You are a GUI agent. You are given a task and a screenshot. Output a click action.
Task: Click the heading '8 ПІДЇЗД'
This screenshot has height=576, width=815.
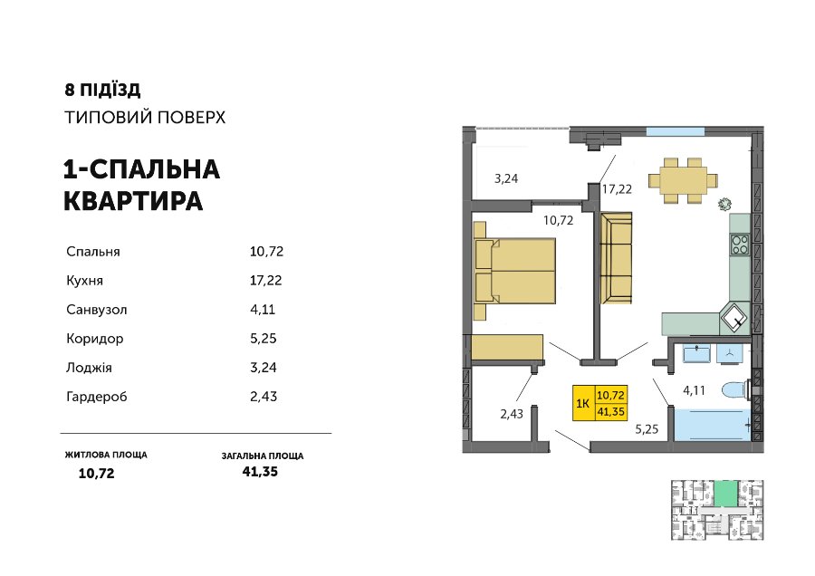point(102,90)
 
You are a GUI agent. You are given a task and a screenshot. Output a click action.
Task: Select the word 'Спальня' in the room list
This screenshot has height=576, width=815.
point(93,252)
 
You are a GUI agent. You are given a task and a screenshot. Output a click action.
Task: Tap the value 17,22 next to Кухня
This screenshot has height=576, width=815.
point(265,281)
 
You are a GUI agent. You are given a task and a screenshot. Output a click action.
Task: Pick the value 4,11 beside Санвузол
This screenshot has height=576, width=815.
point(263,310)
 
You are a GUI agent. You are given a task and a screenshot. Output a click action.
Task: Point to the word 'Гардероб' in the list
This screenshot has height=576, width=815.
point(97,397)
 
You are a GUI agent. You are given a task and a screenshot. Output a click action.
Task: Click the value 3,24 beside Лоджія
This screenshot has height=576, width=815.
point(263,368)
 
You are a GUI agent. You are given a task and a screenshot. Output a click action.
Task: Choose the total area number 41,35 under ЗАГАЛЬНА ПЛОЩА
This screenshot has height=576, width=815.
point(260,472)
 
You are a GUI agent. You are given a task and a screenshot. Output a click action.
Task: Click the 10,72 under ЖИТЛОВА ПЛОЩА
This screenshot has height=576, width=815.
point(96,473)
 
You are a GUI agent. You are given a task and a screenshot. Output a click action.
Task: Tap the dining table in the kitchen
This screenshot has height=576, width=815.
point(683,180)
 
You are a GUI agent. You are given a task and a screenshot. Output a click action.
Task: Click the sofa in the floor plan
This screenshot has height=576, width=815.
point(617,258)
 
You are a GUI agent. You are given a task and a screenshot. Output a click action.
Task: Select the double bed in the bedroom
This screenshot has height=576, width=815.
point(514,270)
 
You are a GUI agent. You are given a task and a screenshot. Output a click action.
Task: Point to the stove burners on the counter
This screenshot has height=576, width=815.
point(740,245)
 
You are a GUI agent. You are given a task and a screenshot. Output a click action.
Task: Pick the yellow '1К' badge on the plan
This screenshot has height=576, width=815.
point(599,403)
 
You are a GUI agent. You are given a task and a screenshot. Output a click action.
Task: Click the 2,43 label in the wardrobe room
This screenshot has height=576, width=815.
point(512,414)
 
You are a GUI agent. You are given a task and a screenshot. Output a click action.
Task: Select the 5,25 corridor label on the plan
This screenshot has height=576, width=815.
point(647,429)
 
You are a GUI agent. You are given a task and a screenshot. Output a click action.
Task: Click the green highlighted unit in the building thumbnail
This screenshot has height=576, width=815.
point(725,494)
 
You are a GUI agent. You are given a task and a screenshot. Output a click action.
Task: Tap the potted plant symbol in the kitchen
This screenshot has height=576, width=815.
point(724,205)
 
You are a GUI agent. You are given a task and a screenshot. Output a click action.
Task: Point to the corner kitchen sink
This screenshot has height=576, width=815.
point(733,318)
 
